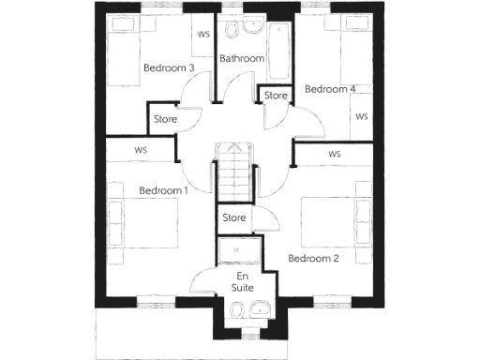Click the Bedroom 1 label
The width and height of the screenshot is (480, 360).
coord(164,191)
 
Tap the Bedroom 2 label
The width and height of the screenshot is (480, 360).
coord(313,259)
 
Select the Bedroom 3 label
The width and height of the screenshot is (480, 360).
coord(169,68)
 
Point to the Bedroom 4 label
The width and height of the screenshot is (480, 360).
coord(331,90)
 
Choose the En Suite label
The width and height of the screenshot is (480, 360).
coord(243,283)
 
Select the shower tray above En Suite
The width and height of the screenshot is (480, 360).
coord(239,251)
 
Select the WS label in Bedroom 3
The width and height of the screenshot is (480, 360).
coord(202,35)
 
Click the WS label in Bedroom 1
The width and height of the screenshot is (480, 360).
coord(141,149)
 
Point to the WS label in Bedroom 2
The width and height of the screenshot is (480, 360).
coord(334,154)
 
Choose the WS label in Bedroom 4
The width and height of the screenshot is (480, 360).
coord(362,117)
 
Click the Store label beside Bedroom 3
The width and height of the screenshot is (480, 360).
coord(167,119)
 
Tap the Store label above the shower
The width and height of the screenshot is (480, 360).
coord(234,218)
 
